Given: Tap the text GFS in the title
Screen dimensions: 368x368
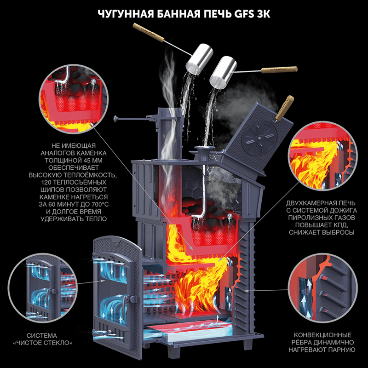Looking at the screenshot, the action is (244, 14).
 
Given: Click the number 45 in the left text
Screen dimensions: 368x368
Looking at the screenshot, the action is (86, 161).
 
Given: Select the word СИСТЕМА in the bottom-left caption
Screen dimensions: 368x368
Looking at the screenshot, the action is (42, 335).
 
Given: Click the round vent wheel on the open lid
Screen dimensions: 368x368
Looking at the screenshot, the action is (259, 138).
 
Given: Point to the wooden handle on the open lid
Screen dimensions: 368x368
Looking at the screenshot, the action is (284, 108).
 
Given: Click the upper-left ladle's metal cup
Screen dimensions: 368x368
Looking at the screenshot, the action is (200, 59).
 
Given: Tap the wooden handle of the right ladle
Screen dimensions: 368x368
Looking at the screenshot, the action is (279, 70).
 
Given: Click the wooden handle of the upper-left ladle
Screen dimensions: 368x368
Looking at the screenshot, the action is (148, 33).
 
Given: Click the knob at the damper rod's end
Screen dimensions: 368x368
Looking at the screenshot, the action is (115, 119).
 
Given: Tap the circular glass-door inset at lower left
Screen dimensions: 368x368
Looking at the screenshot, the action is (43, 288).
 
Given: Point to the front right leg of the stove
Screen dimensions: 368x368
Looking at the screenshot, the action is (248, 344).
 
